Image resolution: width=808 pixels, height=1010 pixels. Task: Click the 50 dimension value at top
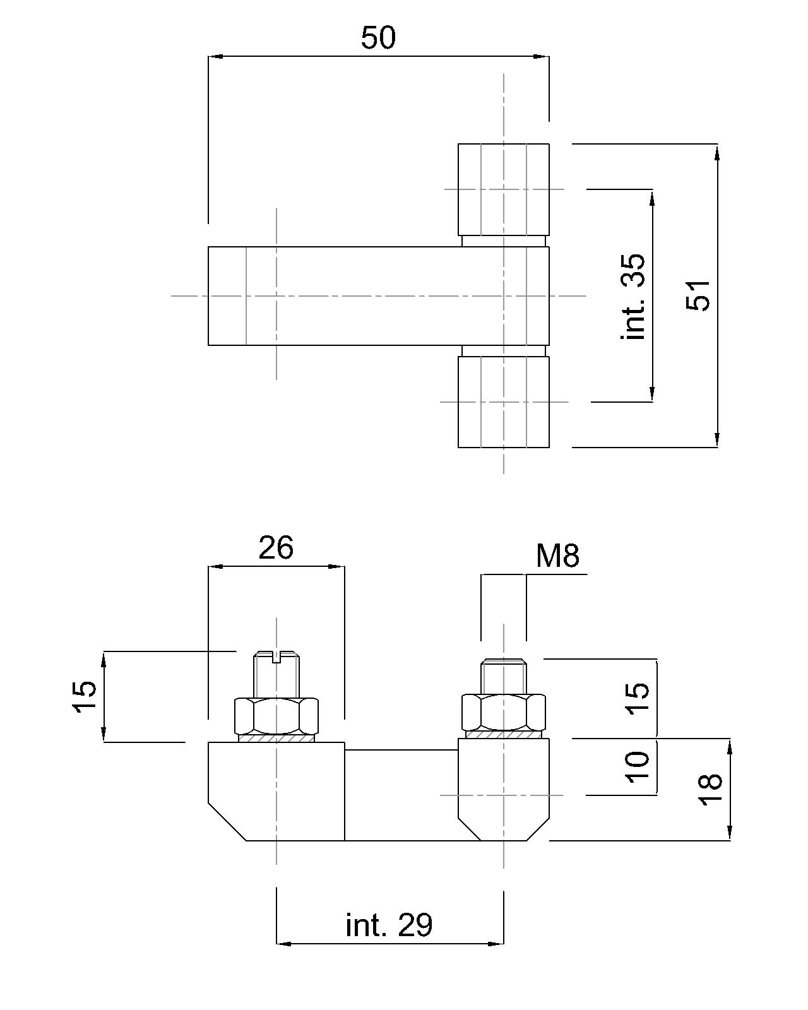378,38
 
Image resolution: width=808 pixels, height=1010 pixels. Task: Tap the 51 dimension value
699,295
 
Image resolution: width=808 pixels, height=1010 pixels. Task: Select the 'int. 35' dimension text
633,296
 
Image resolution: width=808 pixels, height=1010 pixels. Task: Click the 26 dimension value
276,548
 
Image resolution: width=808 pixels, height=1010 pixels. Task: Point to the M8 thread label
557,556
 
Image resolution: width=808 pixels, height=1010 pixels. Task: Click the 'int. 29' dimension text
389,925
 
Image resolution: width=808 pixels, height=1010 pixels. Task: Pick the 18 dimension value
711,789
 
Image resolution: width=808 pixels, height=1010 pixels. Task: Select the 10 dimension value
638,766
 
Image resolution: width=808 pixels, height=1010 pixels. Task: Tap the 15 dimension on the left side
86,697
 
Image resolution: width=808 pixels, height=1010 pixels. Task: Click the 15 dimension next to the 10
638,698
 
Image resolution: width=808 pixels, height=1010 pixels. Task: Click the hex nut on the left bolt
276,715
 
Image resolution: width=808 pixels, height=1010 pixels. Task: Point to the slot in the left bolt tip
276,658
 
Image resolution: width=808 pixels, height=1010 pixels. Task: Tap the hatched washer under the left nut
276,738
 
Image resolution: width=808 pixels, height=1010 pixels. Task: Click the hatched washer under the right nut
503,734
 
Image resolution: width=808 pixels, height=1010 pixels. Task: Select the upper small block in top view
503,189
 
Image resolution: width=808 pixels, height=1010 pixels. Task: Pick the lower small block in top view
503,402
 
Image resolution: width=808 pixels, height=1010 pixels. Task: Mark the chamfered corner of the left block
227,822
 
